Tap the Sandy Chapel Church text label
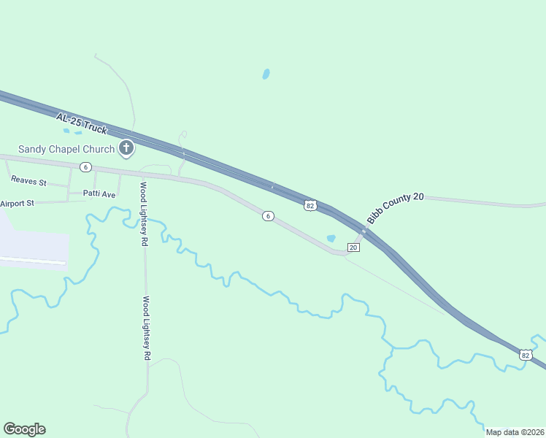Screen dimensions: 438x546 tap(66, 149)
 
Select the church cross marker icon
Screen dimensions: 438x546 tap(126, 149)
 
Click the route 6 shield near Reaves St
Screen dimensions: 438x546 tap(86, 167)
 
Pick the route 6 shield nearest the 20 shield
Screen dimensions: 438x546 tap(269, 216)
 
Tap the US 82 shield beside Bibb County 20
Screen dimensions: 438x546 tap(310, 206)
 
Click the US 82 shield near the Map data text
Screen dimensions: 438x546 tap(526, 355)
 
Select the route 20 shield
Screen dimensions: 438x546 tap(353, 247)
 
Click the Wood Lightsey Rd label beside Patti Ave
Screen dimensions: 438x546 tap(145, 212)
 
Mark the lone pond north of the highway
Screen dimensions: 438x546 tap(266, 74)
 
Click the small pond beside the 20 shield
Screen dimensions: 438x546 tap(331, 238)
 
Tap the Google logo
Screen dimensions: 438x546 tap(24, 429)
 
